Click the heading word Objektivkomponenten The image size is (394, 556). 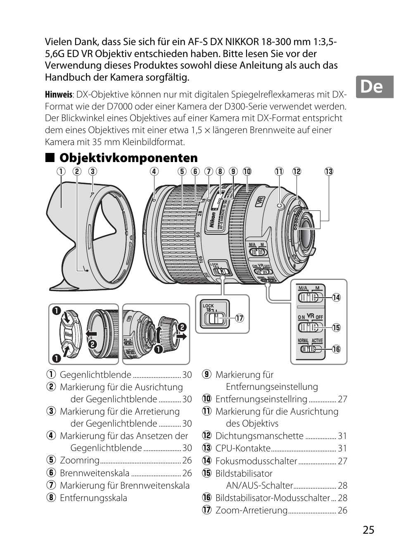coord(128,157)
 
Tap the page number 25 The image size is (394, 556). coord(368,530)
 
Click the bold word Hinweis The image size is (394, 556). coord(58,95)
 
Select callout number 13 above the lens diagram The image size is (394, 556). coord(328,172)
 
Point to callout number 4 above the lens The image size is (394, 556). coord(154,172)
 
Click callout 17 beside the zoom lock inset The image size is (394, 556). coord(240,318)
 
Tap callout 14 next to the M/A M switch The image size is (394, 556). coord(336,297)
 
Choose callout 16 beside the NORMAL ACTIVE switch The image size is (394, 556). coord(336,349)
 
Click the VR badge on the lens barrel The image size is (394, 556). coord(260,201)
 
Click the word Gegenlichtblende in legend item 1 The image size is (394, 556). coord(95,375)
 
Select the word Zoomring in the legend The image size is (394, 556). coord(80,460)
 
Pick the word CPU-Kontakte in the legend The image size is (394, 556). coord(243,448)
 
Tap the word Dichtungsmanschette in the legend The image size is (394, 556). coord(259,436)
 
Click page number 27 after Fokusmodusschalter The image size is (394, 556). coord(342,461)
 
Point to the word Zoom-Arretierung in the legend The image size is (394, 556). coord(251,510)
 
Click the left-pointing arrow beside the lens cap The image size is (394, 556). coord(91,334)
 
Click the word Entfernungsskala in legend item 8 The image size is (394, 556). coord(93,498)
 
